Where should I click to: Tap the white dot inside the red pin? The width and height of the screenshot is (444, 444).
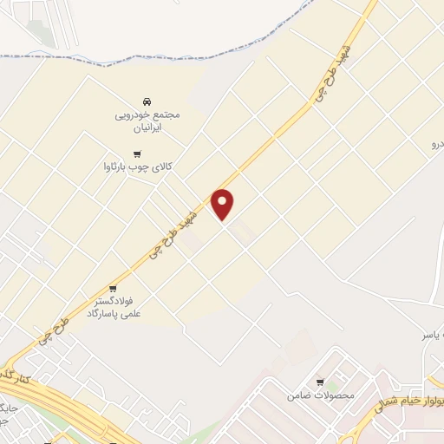(223, 200)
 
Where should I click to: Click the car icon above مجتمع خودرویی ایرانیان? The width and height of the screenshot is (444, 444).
(146, 101)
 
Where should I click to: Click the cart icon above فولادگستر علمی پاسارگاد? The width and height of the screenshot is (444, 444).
(113, 289)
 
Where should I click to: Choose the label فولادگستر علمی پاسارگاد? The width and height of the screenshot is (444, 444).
(117, 308)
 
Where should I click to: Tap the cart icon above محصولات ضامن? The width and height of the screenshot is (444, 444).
(320, 382)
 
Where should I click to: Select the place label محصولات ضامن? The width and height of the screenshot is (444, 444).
(321, 396)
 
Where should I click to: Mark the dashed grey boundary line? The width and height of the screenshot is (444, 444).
(173, 62)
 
